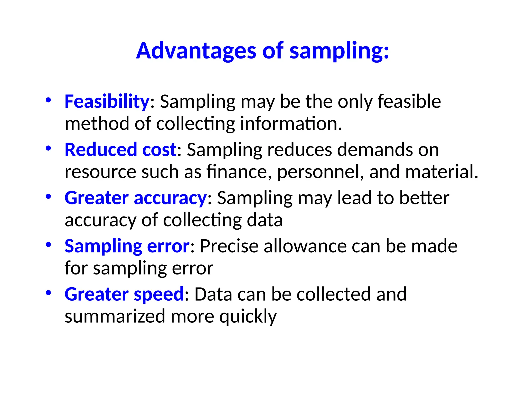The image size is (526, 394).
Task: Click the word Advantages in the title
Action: pyautogui.click(x=196, y=51)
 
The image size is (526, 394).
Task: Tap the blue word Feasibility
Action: pyautogui.click(x=107, y=102)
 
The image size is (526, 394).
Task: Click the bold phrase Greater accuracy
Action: pyautogui.click(x=136, y=198)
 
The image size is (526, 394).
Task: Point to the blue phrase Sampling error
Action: pyautogui.click(x=127, y=246)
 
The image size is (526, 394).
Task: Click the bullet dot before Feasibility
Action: pyautogui.click(x=48, y=100)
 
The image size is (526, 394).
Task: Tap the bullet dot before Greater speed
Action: pyautogui.click(x=48, y=293)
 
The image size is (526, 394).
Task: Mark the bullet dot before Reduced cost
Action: pyautogui.click(x=48, y=148)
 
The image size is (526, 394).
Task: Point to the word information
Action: pyautogui.click(x=291, y=124)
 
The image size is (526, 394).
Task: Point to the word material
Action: pyautogui.click(x=442, y=172)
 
